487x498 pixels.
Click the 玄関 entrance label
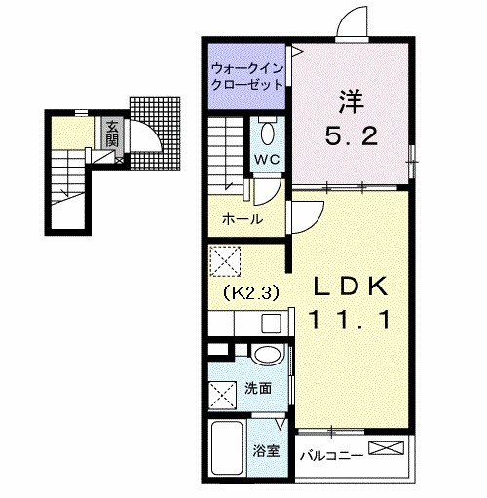click(x=112, y=134)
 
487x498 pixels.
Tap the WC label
click(x=267, y=159)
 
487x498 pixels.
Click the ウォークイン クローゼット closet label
click(x=247, y=77)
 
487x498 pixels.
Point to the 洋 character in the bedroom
click(x=351, y=101)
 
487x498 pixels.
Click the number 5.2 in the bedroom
click(x=352, y=135)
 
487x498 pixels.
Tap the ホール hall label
click(x=243, y=219)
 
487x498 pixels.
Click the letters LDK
click(x=351, y=287)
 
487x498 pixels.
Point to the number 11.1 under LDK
click(x=351, y=320)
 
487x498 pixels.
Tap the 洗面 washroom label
click(x=258, y=388)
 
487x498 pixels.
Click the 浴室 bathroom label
click(x=266, y=450)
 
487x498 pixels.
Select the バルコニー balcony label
click(x=330, y=456)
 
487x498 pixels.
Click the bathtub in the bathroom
click(x=227, y=447)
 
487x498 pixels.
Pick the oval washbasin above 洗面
click(x=267, y=355)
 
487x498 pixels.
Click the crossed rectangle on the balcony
click(x=387, y=448)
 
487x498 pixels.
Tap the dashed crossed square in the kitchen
click(x=225, y=261)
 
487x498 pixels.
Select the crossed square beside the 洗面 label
click(x=222, y=394)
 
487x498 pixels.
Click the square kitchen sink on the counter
click(x=272, y=324)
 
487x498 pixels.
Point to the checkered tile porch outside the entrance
click(x=155, y=134)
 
